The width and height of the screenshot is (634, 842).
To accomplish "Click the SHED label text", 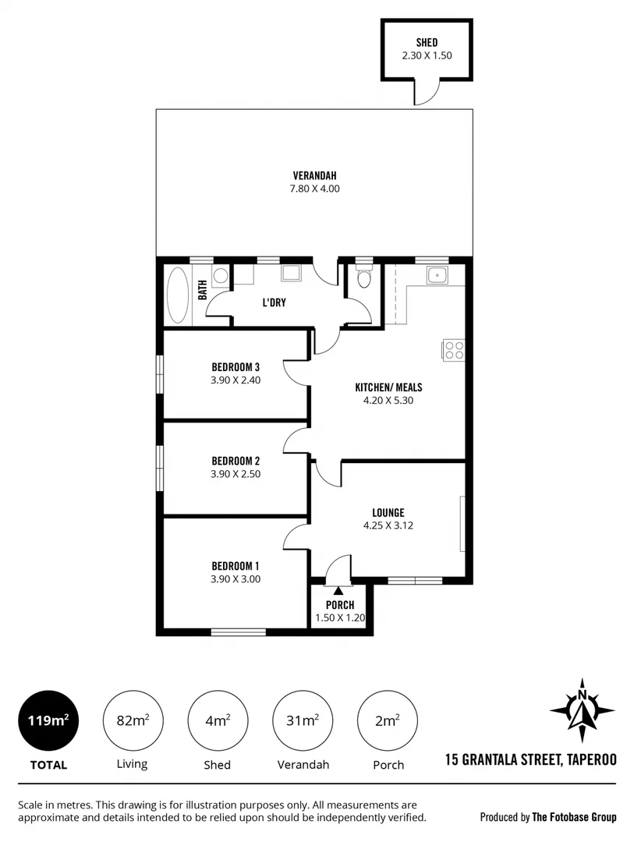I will coord(427,43).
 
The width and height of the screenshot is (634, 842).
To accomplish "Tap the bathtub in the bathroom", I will coord(179,295).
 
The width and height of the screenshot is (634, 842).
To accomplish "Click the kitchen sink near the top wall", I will coord(436,274).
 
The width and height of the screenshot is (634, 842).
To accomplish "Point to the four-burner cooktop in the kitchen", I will coord(453,350).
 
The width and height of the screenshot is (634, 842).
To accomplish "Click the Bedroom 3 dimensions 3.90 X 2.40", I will coord(235,381).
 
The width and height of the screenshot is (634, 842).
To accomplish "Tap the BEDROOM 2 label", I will coord(235,460).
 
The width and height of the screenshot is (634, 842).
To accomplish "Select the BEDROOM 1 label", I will coord(235,566).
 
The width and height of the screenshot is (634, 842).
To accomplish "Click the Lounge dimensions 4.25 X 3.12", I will coord(388,525).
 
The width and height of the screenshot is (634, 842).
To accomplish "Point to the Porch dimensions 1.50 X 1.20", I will coord(340,618).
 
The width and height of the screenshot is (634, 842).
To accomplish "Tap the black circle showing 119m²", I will coord(48,720).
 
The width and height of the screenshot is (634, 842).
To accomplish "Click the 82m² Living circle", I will coord(132,720).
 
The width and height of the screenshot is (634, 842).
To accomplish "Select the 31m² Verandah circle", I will coord(302,720).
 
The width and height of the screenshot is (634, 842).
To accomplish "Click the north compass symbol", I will coord(582,709).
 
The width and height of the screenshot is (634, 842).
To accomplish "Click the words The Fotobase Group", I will coord(574,817).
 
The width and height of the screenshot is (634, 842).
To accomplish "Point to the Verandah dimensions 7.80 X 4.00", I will coord(316,189).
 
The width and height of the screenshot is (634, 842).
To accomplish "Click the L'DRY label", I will coord(273,302).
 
